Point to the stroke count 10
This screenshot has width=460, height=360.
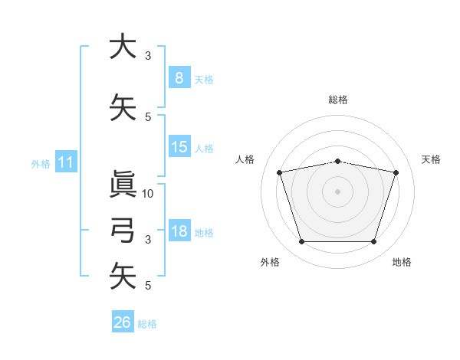coord(149,194)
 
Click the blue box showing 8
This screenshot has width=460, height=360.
coord(179,78)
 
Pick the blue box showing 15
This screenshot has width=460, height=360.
coord(179,147)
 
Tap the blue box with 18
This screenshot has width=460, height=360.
coord(179,231)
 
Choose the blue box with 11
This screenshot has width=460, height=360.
coord(66,162)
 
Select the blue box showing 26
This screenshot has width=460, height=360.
coord(122,322)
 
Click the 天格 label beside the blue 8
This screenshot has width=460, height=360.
coord(204,80)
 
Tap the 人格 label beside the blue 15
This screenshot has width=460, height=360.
coord(204,149)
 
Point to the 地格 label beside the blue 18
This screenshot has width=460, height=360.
coord(204,233)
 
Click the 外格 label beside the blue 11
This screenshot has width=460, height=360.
coord(41,164)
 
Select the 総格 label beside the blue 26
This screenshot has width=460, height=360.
coord(147,324)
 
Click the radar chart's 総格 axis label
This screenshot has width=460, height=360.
coord(338,100)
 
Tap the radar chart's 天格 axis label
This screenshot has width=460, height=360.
coord(432,159)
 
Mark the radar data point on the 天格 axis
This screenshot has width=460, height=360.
coord(396,172)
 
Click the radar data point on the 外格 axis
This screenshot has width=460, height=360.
coord(301,242)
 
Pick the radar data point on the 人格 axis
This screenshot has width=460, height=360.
coord(280,172)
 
